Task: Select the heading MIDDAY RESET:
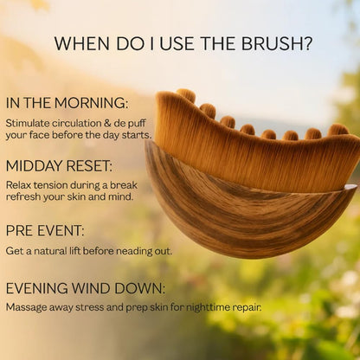click(x=59, y=166)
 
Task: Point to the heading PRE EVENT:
click(x=45, y=231)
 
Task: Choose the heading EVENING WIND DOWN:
click(x=84, y=288)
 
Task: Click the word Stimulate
click(x=28, y=123)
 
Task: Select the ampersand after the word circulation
click(x=112, y=123)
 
